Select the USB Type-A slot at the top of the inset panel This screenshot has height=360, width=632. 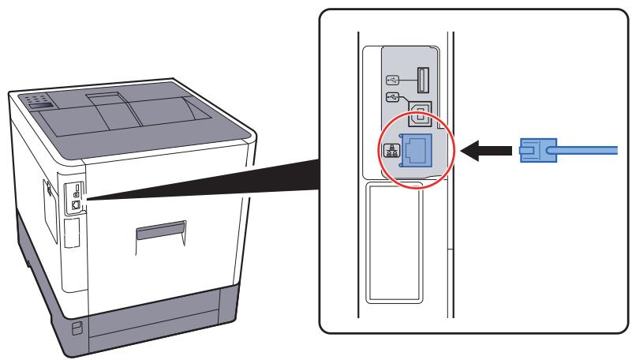(x=420, y=81)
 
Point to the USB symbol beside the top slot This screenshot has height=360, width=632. (x=395, y=80)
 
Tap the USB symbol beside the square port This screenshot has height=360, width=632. (x=395, y=98)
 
